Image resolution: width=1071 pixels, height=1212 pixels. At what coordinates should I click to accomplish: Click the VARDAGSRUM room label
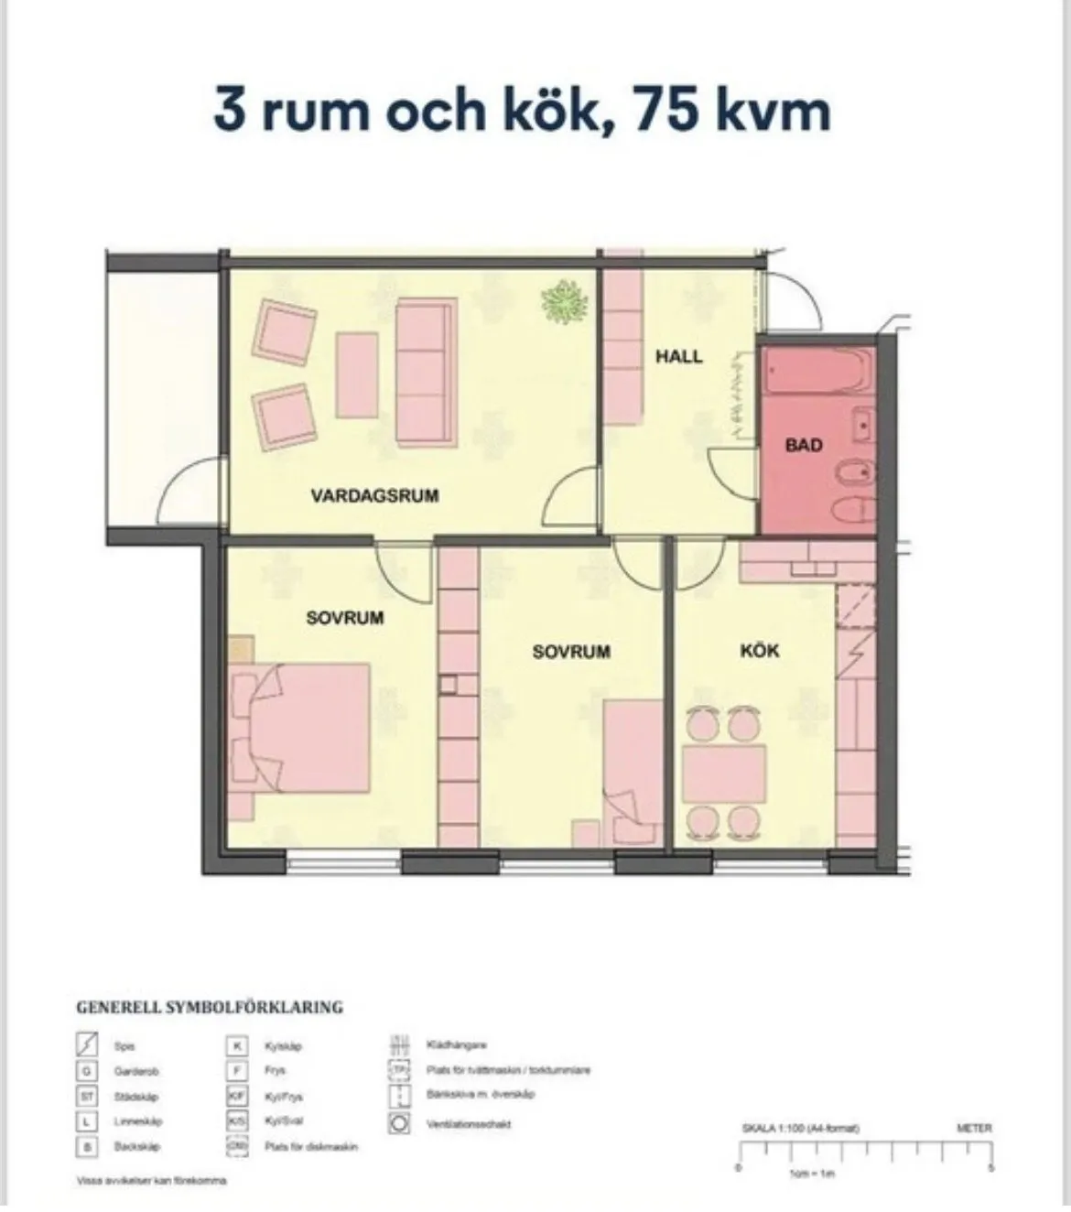(374, 496)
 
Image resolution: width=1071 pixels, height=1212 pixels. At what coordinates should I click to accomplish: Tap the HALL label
(678, 356)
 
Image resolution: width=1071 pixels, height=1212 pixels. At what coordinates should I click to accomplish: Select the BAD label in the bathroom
(804, 446)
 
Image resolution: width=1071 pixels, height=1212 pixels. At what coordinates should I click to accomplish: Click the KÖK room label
(759, 651)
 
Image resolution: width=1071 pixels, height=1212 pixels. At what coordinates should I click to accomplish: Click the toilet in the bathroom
(851, 510)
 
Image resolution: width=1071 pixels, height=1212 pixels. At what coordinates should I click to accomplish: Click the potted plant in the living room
(565, 301)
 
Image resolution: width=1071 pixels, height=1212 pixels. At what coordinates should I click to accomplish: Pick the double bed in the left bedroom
(307, 728)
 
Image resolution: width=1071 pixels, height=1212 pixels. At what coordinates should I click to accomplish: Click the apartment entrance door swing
(789, 302)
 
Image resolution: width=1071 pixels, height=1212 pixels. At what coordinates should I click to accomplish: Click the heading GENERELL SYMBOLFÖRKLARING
(209, 1008)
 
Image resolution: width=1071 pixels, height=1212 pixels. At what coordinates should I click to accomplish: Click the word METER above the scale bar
(973, 1129)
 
